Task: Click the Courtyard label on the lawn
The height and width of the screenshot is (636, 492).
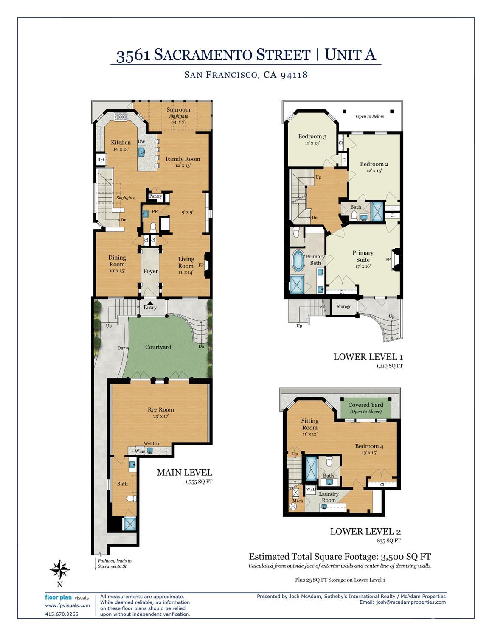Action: tap(158, 347)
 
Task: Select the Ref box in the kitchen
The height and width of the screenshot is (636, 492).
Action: tap(101, 160)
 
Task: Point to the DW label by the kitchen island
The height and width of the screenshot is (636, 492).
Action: tap(142, 141)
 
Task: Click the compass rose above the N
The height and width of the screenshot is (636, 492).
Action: tap(60, 569)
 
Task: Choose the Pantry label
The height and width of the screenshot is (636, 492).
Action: tap(155, 196)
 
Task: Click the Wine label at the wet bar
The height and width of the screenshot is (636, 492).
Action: tap(140, 451)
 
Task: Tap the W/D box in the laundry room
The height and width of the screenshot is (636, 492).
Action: tap(311, 489)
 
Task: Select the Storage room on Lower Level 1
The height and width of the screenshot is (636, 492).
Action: tap(344, 306)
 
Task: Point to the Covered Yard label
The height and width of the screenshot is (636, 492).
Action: tap(365, 405)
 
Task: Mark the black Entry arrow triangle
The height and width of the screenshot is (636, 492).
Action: tap(150, 303)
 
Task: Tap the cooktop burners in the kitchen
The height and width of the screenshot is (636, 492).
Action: tap(121, 117)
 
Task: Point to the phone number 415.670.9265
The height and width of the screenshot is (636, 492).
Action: tap(62, 614)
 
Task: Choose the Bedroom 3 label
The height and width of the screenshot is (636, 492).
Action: tap(312, 136)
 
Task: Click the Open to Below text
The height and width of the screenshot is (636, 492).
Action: tap(370, 116)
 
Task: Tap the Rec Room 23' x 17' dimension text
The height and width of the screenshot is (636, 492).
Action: tap(161, 416)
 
